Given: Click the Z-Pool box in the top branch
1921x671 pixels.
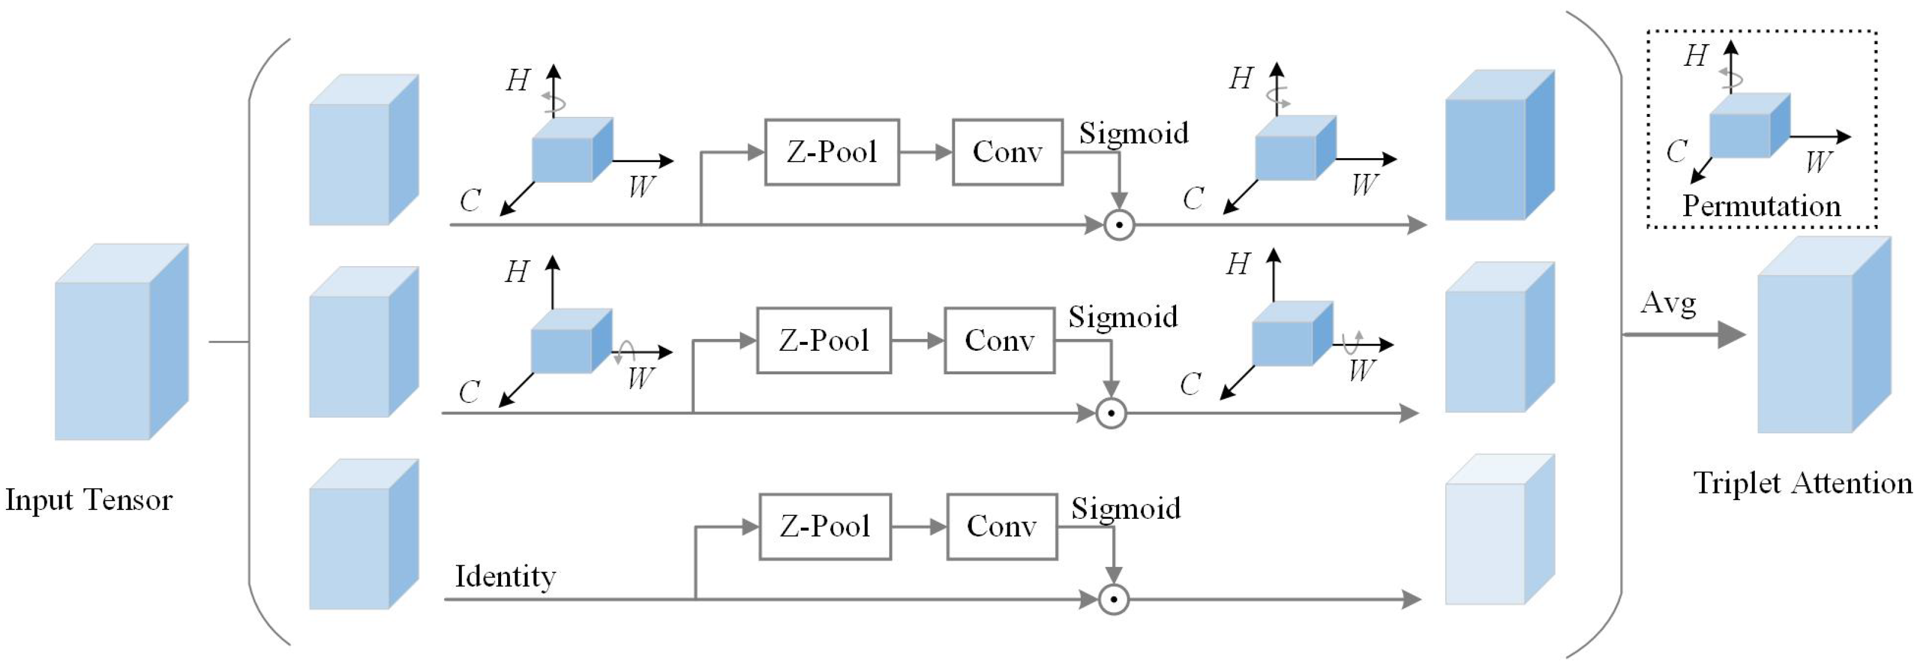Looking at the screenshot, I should [x=831, y=152].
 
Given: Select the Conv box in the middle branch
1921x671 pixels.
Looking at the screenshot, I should [x=999, y=341].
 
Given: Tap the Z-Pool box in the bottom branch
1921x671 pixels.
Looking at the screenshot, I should [x=825, y=526].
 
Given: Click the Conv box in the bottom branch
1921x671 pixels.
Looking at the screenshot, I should [x=1002, y=526].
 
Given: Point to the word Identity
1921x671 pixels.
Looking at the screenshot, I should [x=505, y=576].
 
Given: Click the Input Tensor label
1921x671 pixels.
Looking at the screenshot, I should [x=89, y=499].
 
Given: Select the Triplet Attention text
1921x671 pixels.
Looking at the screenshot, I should [x=1802, y=483].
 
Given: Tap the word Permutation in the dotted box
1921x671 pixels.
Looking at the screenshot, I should [x=1761, y=206].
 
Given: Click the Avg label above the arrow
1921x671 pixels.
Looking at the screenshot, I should [x=1668, y=303].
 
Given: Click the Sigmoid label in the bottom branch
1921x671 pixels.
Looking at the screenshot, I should [x=1126, y=508].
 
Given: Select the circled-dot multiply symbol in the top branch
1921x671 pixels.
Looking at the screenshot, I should [x=1119, y=224].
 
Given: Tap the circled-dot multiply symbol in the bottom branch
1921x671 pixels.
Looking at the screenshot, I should [x=1113, y=599].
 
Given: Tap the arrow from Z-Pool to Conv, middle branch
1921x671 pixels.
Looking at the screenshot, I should [x=917, y=341].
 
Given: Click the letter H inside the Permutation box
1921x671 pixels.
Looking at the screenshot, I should [x=1696, y=56].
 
